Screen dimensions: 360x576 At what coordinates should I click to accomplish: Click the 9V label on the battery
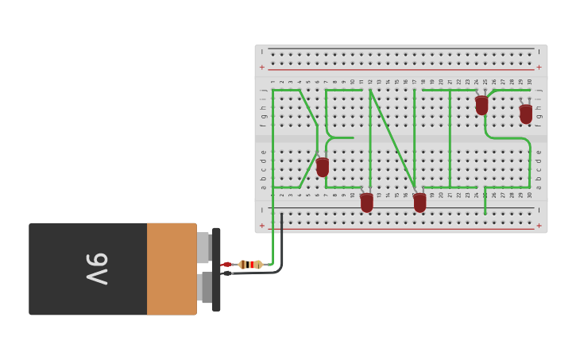[96, 269]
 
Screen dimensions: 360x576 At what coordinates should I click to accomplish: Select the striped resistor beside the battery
[250, 265]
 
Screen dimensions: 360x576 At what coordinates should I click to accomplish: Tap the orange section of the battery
[172, 269]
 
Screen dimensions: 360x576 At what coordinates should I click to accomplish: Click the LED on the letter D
[323, 167]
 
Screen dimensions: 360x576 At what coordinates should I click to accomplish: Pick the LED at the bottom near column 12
[366, 202]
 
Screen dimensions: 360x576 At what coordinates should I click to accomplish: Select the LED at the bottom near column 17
[419, 202]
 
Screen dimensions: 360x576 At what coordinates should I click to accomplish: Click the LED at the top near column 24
[481, 105]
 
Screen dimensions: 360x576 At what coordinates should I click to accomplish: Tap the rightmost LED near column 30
[526, 114]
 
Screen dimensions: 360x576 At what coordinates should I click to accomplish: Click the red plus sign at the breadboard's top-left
[262, 68]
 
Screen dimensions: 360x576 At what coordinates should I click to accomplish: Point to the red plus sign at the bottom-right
[539, 226]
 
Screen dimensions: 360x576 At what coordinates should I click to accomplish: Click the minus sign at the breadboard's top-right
[539, 52]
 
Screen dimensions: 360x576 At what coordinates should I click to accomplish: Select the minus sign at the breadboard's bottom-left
[262, 210]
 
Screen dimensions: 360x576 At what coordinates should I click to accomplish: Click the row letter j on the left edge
[263, 90]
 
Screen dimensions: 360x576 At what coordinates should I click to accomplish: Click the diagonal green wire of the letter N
[392, 138]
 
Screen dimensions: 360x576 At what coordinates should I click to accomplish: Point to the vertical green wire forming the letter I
[450, 138]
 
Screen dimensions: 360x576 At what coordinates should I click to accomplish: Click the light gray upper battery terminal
[203, 247]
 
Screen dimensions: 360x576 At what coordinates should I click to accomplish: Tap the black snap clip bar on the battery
[216, 269]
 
